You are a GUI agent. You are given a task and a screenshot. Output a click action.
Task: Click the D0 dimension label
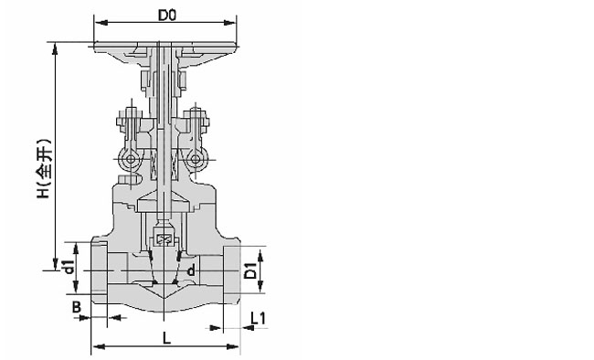[x=167, y=16]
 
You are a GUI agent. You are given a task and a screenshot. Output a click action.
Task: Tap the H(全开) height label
[x=44, y=169]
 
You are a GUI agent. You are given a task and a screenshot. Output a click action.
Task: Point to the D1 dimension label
[x=250, y=270]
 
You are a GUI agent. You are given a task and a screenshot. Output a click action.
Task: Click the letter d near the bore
[x=191, y=270]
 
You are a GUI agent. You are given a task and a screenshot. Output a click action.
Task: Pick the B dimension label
[x=77, y=307]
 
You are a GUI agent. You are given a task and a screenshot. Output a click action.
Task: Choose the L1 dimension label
[x=259, y=318]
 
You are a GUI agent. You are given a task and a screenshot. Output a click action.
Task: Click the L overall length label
[x=166, y=338]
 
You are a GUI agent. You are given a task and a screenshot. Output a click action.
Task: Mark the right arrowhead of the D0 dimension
[x=229, y=23]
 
